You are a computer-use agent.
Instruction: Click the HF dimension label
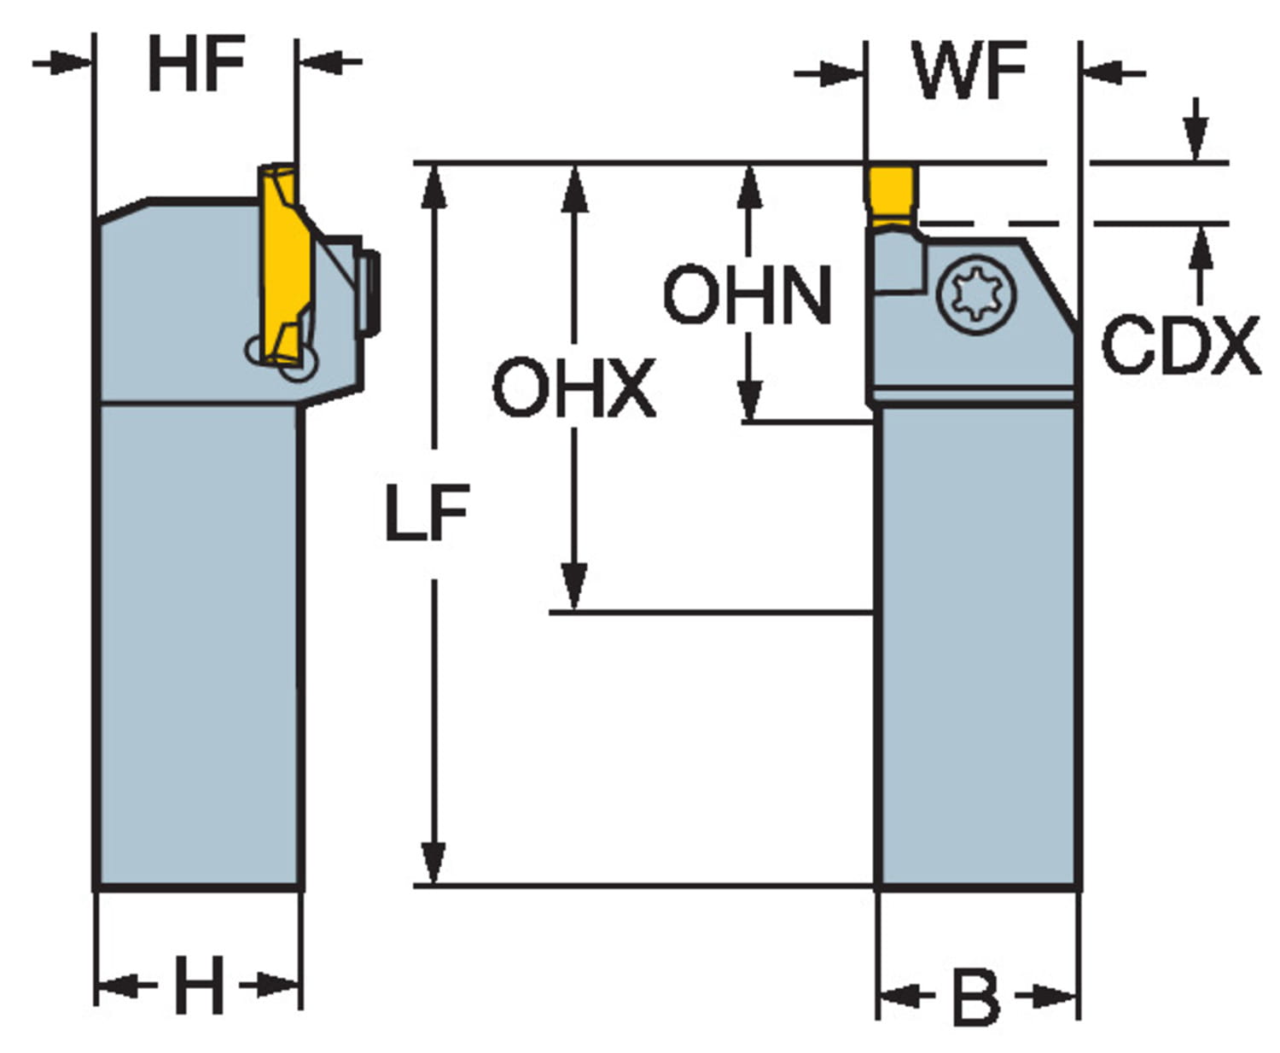click(x=196, y=64)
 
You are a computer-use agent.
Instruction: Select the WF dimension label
click(x=970, y=71)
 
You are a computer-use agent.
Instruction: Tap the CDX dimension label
click(x=1180, y=346)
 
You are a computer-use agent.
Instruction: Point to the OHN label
click(x=748, y=295)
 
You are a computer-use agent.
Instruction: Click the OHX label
click(x=574, y=389)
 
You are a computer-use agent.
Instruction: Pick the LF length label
click(x=426, y=514)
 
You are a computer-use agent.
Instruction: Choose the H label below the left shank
click(x=198, y=985)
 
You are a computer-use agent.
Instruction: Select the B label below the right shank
click(x=975, y=997)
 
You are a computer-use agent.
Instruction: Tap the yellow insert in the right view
click(x=893, y=192)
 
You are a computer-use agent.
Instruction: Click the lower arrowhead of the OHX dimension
click(x=575, y=589)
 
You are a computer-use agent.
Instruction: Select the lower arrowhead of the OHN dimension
click(x=749, y=401)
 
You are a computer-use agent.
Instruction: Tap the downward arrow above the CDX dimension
click(x=1196, y=137)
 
